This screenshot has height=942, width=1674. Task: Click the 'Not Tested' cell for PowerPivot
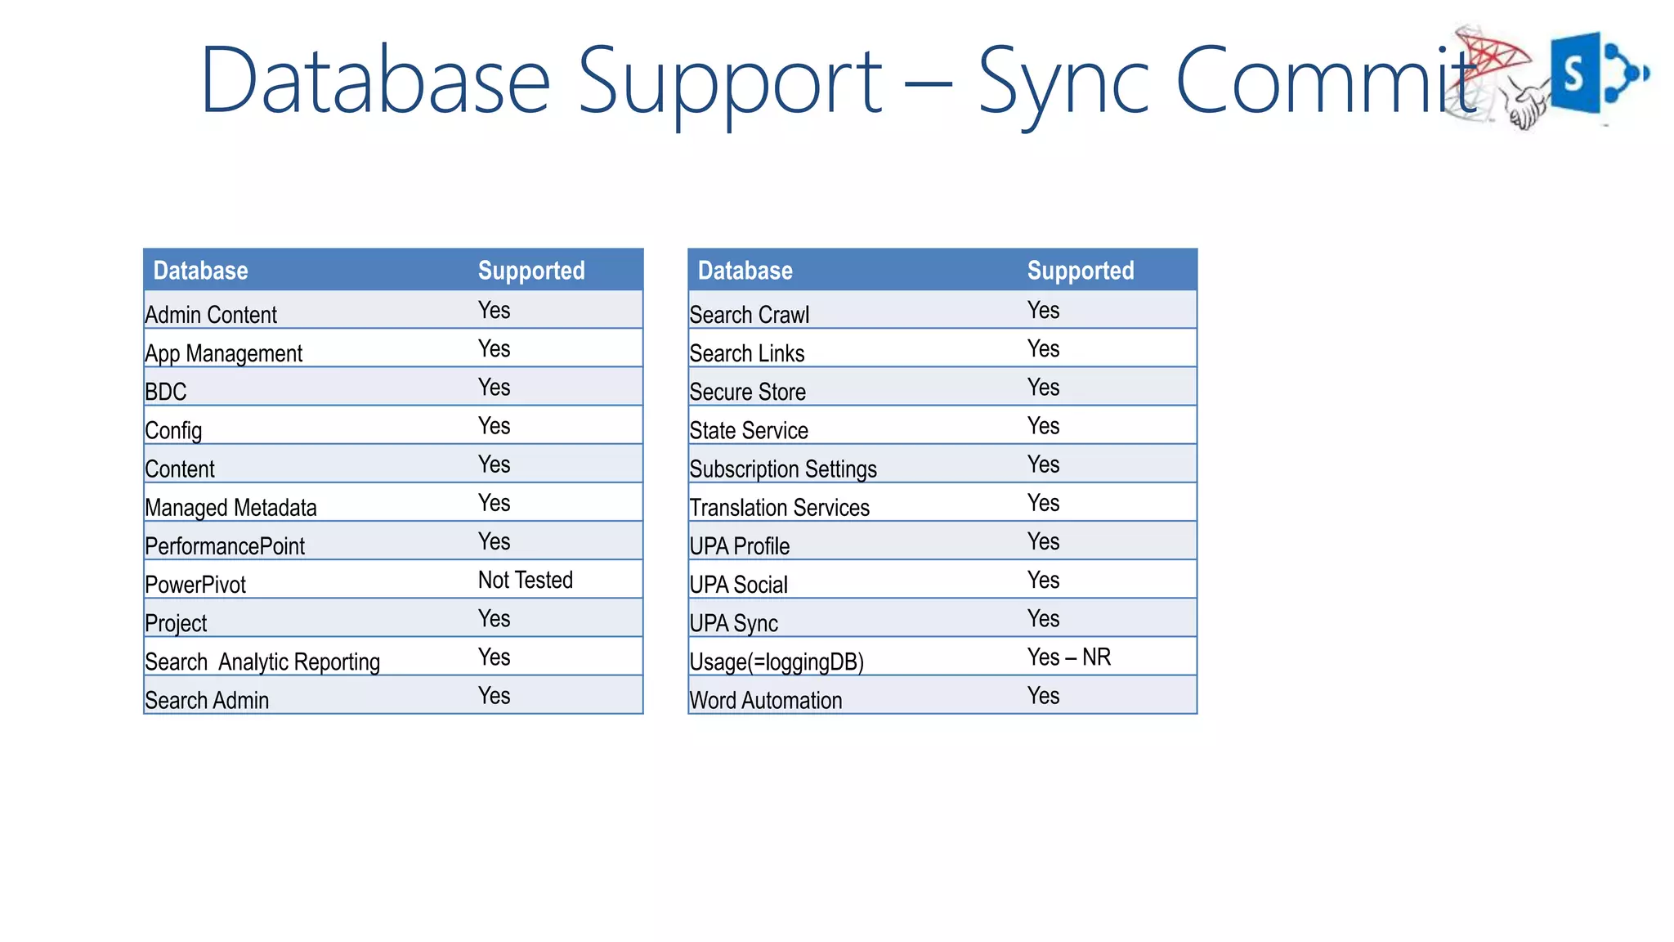[x=525, y=580]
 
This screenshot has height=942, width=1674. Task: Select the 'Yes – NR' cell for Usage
[x=1068, y=657]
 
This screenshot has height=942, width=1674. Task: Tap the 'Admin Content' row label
[x=211, y=315]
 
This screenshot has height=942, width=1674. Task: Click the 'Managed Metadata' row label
[x=231, y=508]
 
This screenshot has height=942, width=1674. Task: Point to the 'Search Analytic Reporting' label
[x=262, y=662]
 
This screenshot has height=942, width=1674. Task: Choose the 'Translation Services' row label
[x=779, y=508]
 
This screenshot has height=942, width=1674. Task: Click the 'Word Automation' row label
[x=765, y=701]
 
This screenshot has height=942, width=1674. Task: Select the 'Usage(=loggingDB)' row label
[x=776, y=662]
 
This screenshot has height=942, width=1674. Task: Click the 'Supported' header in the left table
[x=531, y=271]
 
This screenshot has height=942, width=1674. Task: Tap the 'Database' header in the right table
[x=745, y=271]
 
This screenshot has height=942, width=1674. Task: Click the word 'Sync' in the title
[x=1063, y=82]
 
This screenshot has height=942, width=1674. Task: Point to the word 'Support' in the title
[x=730, y=82]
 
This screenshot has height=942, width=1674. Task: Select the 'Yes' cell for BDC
[x=494, y=387]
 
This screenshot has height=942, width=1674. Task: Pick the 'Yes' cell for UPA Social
[x=1043, y=580]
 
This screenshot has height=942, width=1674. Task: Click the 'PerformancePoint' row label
[x=225, y=546]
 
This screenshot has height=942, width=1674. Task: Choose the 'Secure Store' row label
[x=747, y=392]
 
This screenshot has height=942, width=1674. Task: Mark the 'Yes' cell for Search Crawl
[x=1043, y=310]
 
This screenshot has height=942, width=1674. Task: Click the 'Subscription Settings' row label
[x=782, y=469]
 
